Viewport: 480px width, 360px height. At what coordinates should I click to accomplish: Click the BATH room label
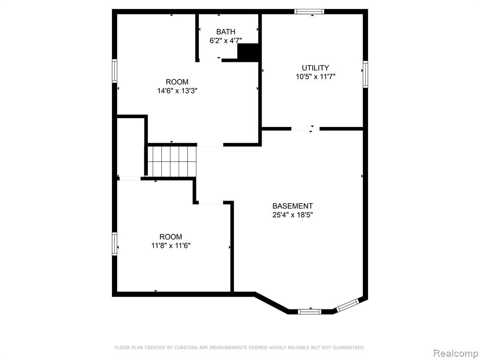226,31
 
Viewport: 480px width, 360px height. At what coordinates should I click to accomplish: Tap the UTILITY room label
315,67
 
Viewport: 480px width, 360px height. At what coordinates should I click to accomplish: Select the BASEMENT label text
292,206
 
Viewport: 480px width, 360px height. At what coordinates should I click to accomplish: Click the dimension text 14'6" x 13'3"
177,90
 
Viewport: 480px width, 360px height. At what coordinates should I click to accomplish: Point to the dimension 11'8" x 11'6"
171,246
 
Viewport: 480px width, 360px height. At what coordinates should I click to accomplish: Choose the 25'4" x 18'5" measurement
292,215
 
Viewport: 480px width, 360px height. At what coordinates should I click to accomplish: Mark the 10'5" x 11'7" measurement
315,76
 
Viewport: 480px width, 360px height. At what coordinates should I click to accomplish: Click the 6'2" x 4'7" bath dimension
226,40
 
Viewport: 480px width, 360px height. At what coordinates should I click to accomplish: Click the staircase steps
172,161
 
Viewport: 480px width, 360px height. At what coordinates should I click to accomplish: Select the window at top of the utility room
309,12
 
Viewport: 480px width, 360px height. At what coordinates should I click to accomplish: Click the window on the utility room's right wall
366,74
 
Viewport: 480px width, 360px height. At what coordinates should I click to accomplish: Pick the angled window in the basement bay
347,305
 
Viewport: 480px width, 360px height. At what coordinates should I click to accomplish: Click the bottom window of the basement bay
309,312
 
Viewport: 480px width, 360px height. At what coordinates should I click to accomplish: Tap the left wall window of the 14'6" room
115,71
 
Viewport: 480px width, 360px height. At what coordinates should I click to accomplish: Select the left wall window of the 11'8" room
115,244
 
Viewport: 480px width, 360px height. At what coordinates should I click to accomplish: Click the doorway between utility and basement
305,129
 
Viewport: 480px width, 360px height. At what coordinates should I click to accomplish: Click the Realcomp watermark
456,353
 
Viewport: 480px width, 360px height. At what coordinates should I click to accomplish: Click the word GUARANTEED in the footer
348,347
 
